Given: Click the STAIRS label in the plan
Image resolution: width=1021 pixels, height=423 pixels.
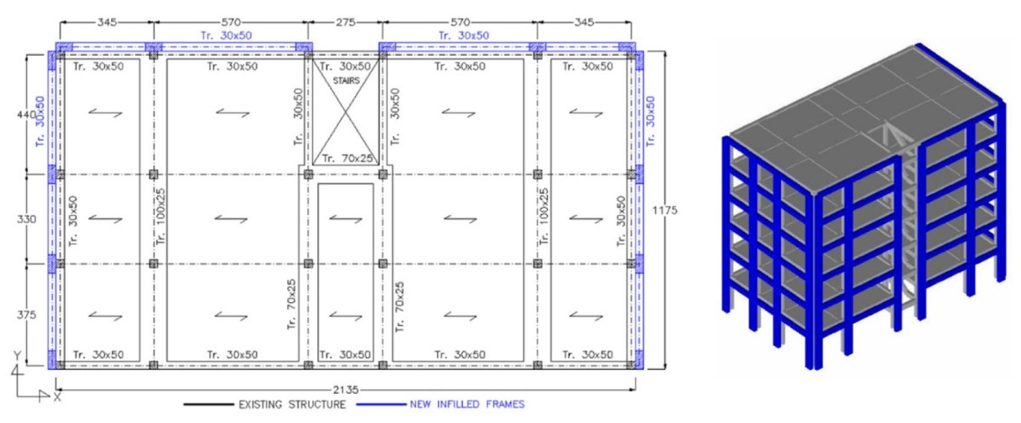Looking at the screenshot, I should [x=346, y=81].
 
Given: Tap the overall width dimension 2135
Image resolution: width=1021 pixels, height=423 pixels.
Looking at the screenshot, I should [x=345, y=390].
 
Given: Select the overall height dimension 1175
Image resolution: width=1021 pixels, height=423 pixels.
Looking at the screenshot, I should [x=665, y=210].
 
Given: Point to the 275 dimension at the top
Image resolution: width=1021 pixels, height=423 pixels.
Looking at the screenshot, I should [x=345, y=22].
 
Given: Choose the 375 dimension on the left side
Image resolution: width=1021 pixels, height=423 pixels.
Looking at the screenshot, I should [x=26, y=315].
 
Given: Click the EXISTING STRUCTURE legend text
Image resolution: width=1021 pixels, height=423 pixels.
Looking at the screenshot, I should [x=292, y=404].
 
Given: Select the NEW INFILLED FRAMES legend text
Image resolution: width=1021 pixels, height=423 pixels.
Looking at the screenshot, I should [x=467, y=404].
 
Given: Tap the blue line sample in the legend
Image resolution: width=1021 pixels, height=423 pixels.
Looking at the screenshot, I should [x=381, y=404].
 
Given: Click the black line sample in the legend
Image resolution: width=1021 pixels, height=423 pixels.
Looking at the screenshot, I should [x=208, y=404].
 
